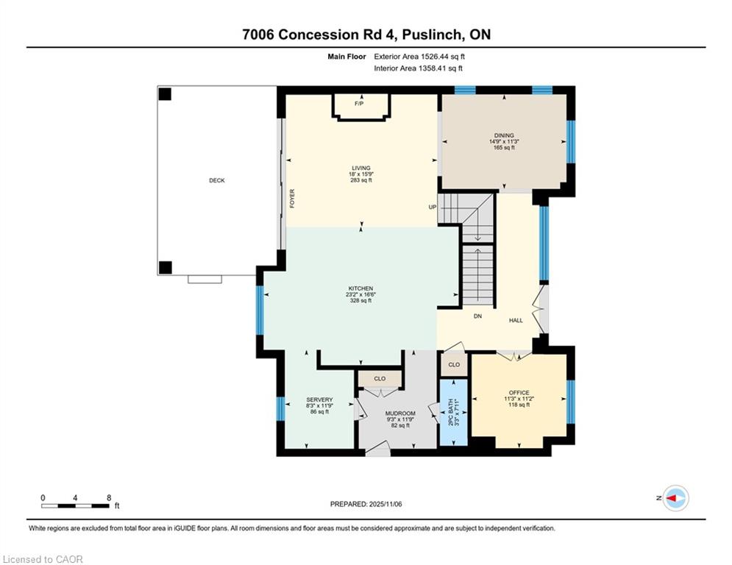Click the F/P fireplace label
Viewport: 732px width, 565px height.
pos(359,104)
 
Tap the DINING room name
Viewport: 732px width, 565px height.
pos(504,135)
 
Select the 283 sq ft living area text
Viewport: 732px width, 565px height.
pos(360,180)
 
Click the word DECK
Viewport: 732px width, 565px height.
pos(216,180)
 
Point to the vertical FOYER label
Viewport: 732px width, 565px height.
pos(292,198)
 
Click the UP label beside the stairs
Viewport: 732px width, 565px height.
pos(433,207)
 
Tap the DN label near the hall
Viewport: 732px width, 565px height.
pos(477,316)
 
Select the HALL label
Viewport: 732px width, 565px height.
pos(516,320)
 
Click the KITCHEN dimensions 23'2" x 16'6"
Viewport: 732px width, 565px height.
pos(360,294)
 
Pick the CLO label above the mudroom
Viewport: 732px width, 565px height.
pos(380,379)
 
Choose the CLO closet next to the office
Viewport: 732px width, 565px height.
pos(454,364)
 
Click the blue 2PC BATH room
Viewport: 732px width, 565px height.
pos(453,413)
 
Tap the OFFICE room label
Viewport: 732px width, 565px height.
pos(519,393)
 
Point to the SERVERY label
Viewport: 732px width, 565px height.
pos(319,399)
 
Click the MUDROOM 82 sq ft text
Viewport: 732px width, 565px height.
pos(400,425)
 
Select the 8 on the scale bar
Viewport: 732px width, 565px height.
pos(109,498)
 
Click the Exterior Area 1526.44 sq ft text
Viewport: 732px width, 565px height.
pos(419,56)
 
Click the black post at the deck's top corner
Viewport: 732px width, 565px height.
pos(165,93)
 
